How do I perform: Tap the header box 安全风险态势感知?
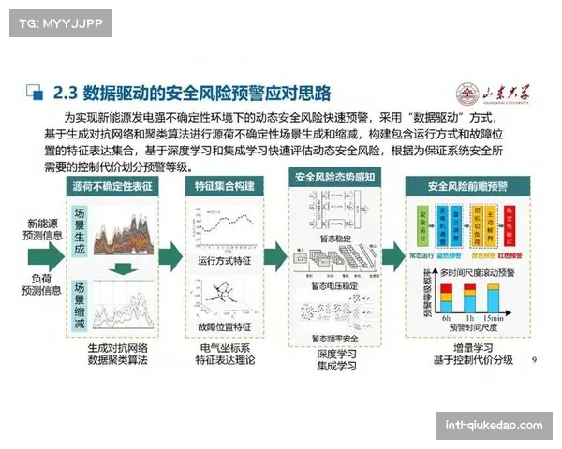334,177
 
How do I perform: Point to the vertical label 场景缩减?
80,304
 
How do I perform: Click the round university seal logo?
466,94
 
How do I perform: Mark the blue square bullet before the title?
35,93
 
